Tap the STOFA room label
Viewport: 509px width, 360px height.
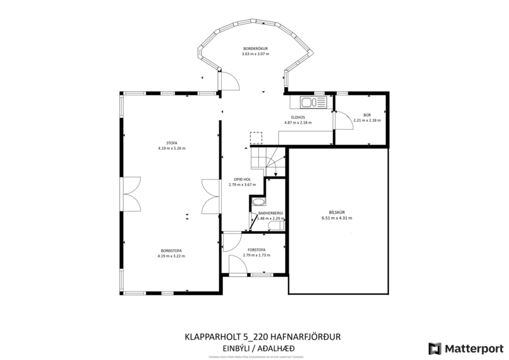171,142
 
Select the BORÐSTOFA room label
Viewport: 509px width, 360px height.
171,251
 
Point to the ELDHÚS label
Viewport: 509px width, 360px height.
298,117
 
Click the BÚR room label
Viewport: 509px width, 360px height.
367,115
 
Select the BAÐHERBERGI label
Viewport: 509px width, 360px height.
270,213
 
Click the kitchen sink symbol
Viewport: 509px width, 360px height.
314,103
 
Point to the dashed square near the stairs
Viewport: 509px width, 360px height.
256,138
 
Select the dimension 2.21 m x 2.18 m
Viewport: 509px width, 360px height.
367,120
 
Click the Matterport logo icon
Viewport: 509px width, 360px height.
435,348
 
